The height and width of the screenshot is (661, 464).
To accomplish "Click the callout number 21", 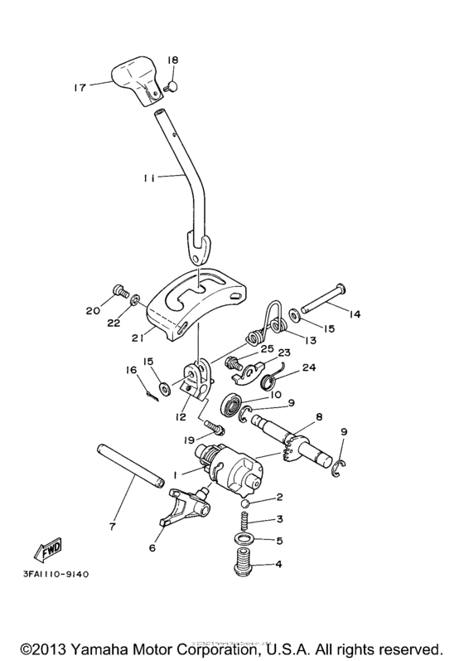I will pyautogui.click(x=137, y=338).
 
